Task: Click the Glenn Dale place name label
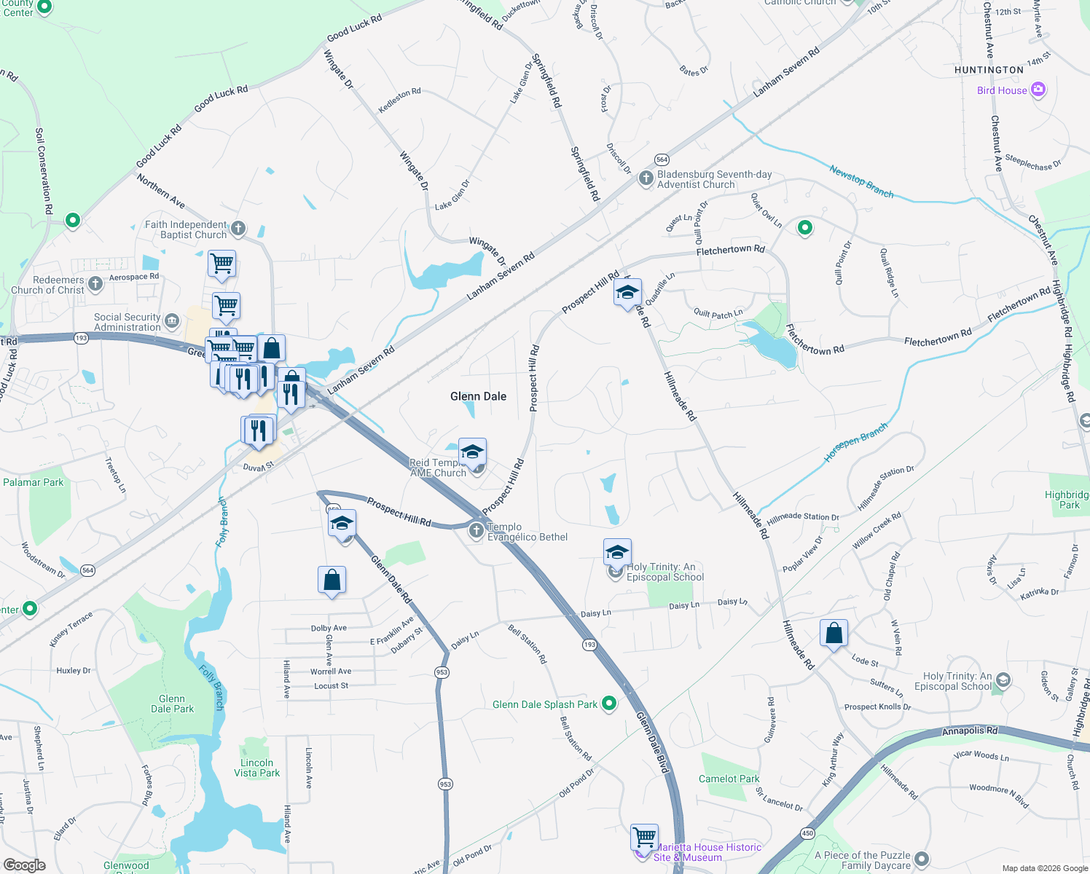(x=478, y=396)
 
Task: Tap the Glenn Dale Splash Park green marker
(x=609, y=704)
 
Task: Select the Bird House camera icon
(x=1038, y=90)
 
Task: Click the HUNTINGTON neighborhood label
(x=989, y=70)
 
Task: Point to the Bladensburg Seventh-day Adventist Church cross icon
(x=646, y=179)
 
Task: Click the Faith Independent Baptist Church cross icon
(x=238, y=229)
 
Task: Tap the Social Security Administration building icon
(x=172, y=321)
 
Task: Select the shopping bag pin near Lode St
(x=834, y=634)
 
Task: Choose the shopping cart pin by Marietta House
(x=645, y=836)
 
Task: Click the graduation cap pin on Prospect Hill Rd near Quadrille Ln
(x=627, y=293)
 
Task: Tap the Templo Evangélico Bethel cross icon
(x=477, y=531)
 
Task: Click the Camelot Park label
(x=729, y=779)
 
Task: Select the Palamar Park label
(x=33, y=482)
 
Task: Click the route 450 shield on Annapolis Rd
(x=807, y=833)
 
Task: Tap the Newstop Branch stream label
(x=861, y=181)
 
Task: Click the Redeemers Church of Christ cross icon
(x=95, y=284)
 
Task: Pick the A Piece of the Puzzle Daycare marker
(x=922, y=859)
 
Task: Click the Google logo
(x=24, y=865)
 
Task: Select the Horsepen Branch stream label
(x=856, y=442)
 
